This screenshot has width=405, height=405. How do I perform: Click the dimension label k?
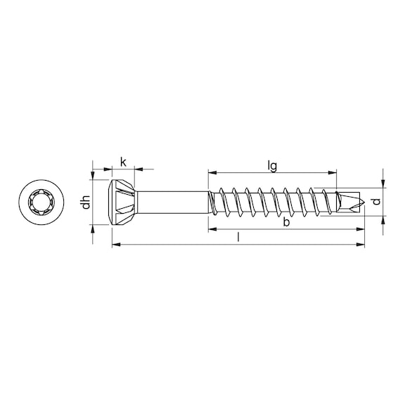click(123, 162)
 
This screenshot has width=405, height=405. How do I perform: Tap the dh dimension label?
click(86, 202)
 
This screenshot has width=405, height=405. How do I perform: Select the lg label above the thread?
click(272, 166)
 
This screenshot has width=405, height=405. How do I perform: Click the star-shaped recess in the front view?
click(39, 202)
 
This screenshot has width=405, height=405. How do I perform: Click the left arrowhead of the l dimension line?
click(116, 245)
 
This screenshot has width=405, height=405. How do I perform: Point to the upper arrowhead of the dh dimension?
click(93, 175)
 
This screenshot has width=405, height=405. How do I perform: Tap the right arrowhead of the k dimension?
click(139, 169)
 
